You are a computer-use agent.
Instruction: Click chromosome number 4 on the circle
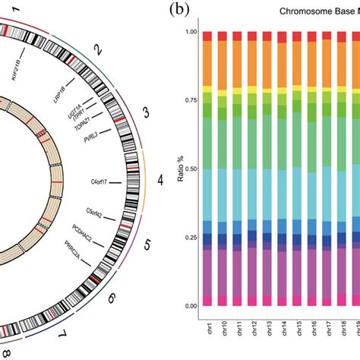tap(159, 181)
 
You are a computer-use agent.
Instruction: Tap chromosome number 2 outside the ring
tap(97, 51)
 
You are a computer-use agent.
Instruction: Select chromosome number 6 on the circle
tap(112, 298)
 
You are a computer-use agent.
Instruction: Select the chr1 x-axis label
tap(222, 328)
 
